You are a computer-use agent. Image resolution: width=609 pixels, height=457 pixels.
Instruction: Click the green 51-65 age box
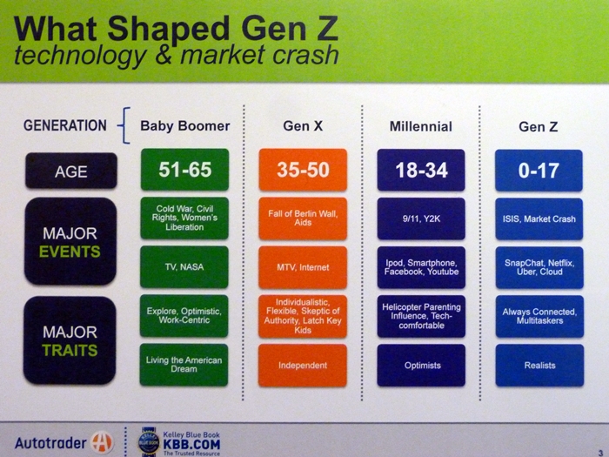[184, 170]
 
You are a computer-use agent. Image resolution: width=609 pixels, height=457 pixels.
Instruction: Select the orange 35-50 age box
[303, 170]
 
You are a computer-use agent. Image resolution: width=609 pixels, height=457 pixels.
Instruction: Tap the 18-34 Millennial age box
[421, 171]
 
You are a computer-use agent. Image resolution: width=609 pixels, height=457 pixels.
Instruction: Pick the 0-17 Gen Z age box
[539, 171]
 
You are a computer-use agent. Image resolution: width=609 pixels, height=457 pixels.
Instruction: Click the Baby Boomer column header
[184, 126]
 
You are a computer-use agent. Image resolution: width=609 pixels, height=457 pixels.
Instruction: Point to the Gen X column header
[303, 126]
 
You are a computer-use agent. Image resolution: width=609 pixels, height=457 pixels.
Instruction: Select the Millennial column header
[421, 126]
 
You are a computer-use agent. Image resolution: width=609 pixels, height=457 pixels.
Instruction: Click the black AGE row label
[71, 171]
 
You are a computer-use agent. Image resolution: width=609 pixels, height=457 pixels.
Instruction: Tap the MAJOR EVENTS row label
[70, 241]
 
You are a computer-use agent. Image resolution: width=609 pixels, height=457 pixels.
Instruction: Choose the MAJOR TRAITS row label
[70, 340]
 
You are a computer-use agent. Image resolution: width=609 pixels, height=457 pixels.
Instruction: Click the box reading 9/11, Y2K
[421, 218]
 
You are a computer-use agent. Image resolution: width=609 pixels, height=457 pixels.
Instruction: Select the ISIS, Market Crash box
[539, 218]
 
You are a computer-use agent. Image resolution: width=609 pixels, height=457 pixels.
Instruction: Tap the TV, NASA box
[184, 267]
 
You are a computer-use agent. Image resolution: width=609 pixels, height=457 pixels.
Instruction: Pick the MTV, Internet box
[303, 267]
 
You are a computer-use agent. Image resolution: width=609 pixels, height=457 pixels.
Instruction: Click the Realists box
[539, 366]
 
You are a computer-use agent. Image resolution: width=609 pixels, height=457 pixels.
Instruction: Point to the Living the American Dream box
[184, 365]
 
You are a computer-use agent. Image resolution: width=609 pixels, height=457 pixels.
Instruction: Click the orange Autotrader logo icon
[102, 442]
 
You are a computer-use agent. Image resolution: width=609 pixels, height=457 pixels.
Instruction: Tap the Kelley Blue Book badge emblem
[149, 441]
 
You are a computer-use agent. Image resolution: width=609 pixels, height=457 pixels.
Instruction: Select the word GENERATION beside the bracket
[65, 125]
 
